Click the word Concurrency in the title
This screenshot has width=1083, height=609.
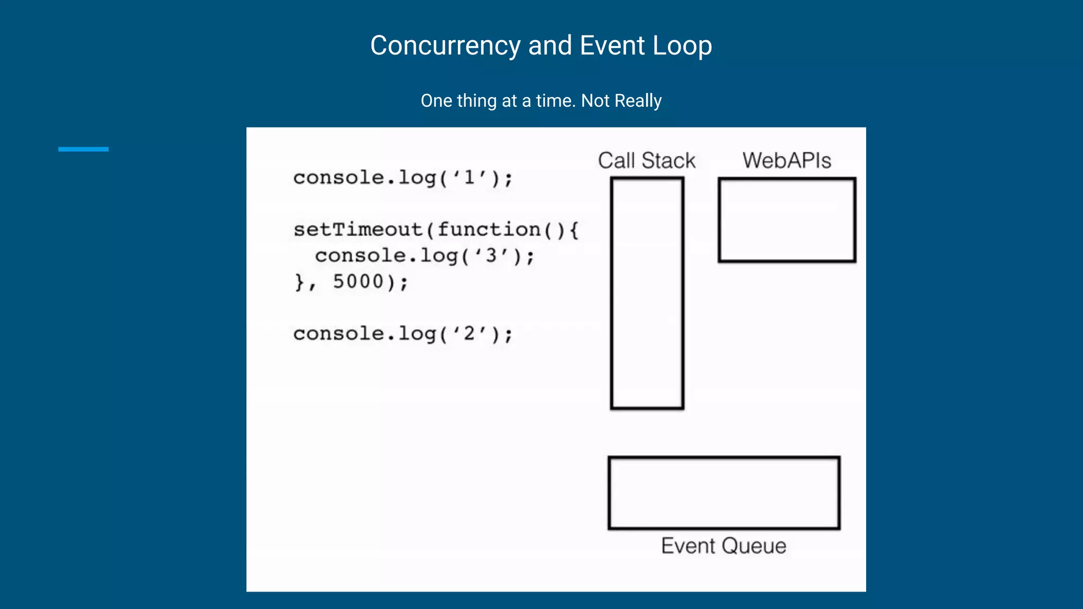coord(445,45)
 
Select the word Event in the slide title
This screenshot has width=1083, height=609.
coord(612,45)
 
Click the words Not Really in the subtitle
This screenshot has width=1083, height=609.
coord(621,100)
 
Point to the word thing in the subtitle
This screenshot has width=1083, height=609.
coord(476,100)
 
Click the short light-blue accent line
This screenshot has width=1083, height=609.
coord(83,149)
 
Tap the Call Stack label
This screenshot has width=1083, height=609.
coord(646,160)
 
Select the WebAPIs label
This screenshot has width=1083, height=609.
coord(786,160)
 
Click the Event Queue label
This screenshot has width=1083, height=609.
coord(723,546)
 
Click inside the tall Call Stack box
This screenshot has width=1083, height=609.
coord(647,293)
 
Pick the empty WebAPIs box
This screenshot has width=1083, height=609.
coord(786,220)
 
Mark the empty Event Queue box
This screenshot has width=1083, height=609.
coord(723,493)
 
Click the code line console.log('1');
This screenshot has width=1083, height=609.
coord(403,178)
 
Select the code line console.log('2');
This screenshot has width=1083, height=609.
coord(403,334)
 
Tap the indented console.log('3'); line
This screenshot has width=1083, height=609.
coord(425,256)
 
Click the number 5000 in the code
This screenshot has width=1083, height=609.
coord(358,282)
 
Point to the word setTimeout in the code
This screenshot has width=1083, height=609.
coord(358,230)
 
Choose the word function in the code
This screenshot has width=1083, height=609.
coord(489,230)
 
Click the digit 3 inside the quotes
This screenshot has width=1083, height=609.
coord(491,256)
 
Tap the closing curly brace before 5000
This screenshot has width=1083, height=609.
coord(299,282)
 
